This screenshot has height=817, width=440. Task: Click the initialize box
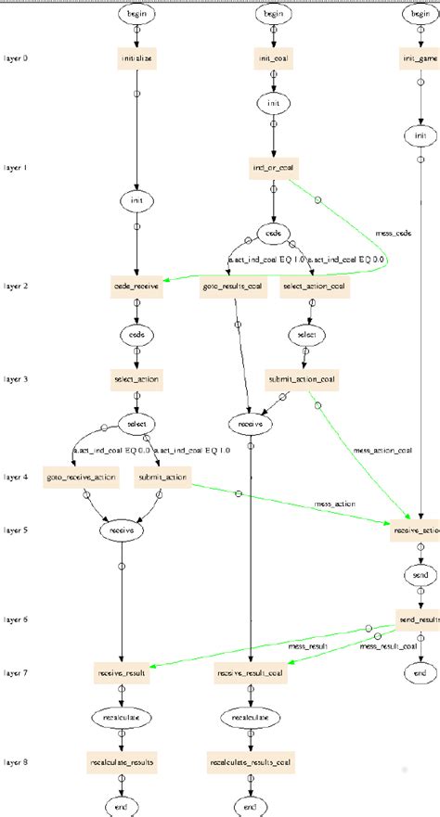pos(136,57)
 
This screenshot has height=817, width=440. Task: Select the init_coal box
pos(273,57)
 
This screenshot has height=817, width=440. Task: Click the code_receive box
pos(136,287)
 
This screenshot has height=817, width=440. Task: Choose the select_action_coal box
pos(314,287)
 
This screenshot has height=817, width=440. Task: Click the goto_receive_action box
pos(80,478)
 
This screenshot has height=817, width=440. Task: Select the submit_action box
pos(163,478)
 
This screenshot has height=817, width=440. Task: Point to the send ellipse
pos(421,575)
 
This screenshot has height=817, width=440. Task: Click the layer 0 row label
pos(16,57)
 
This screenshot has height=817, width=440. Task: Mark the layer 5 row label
pos(16,530)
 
